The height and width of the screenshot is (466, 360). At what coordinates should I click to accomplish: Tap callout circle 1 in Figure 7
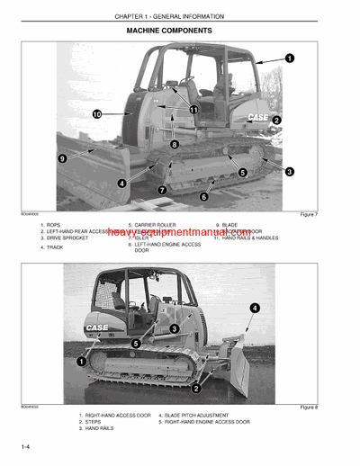pyautogui.click(x=290, y=58)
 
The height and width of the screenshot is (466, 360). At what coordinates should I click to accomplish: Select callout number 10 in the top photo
pyautogui.click(x=96, y=114)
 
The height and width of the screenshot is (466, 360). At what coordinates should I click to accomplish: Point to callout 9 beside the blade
pyautogui.click(x=63, y=158)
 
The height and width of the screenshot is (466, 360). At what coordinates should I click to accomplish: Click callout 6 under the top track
pyautogui.click(x=203, y=196)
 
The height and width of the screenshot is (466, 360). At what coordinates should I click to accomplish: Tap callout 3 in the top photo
pyautogui.click(x=289, y=171)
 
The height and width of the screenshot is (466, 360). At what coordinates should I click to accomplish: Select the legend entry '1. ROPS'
pyautogui.click(x=55, y=225)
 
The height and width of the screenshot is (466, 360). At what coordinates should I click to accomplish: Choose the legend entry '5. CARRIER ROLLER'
pyautogui.click(x=155, y=225)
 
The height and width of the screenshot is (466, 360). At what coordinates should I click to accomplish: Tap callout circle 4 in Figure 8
pyautogui.click(x=255, y=308)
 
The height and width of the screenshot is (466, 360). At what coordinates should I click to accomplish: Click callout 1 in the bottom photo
pyautogui.click(x=82, y=361)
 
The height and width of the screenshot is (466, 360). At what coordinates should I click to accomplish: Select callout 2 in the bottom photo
pyautogui.click(x=196, y=389)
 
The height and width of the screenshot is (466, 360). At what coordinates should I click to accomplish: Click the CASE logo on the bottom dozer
pyautogui.click(x=97, y=327)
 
